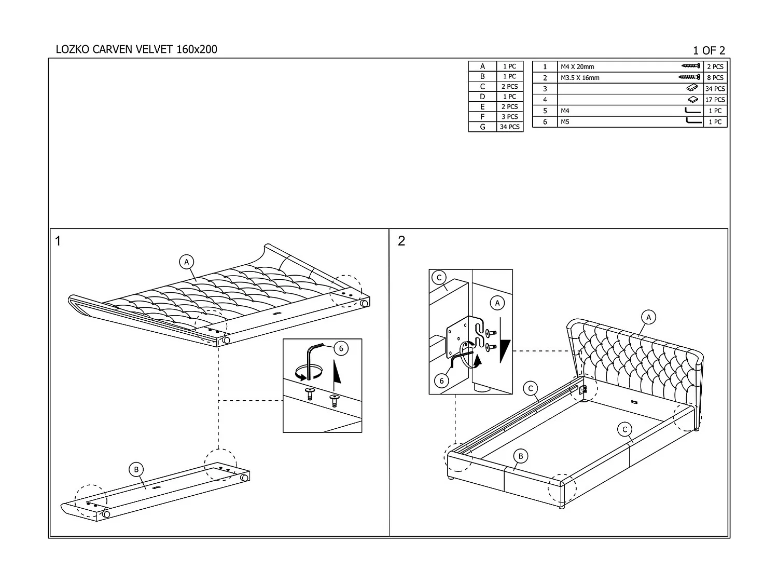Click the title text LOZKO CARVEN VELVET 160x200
136,49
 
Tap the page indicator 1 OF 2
708,50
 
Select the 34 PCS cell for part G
509,127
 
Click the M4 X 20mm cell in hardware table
577,66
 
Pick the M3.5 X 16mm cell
580,78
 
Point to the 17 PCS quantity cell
715,100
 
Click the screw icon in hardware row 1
691,66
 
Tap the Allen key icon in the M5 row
693,121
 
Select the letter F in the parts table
482,117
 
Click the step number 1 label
58,241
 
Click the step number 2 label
401,241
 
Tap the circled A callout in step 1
187,262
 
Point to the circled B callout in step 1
136,470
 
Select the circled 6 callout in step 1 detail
341,348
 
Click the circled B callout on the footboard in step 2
520,456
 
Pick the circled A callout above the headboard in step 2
648,317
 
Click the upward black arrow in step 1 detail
337,376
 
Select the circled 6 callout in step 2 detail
441,381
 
